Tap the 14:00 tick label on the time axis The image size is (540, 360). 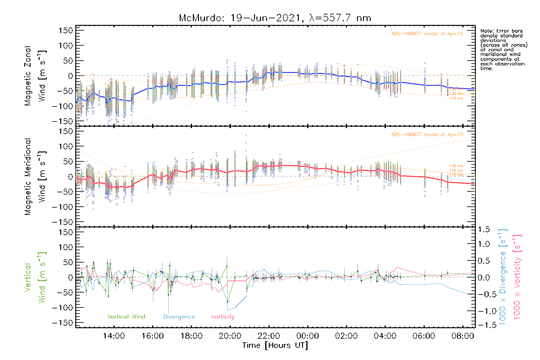click(114, 336)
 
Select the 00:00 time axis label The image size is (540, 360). click(307, 336)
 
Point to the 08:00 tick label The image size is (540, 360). click(463, 336)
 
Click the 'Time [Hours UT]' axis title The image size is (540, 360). click(275, 345)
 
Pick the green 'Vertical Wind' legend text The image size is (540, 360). click(126, 316)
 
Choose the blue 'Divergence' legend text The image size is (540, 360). click(179, 316)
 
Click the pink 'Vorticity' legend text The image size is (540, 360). click(223, 316)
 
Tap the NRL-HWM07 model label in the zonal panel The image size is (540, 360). click(427, 34)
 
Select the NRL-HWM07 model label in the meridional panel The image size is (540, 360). click(427, 134)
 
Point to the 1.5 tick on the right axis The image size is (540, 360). click(484, 229)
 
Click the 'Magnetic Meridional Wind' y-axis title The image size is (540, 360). click(35, 176)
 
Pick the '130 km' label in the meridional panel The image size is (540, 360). click(456, 166)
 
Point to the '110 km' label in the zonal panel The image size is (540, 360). click(456, 98)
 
